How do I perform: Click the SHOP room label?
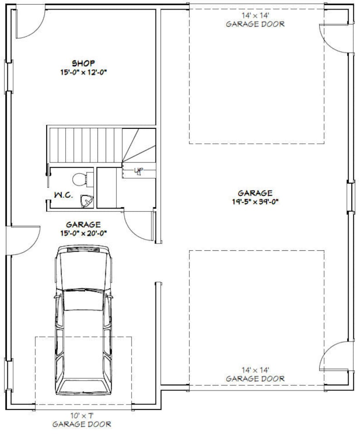[83, 63]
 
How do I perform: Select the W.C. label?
[62, 195]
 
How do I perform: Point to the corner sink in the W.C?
[86, 201]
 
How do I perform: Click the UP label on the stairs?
[139, 170]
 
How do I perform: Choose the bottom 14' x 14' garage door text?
[256, 374]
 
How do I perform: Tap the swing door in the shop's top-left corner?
[28, 23]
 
